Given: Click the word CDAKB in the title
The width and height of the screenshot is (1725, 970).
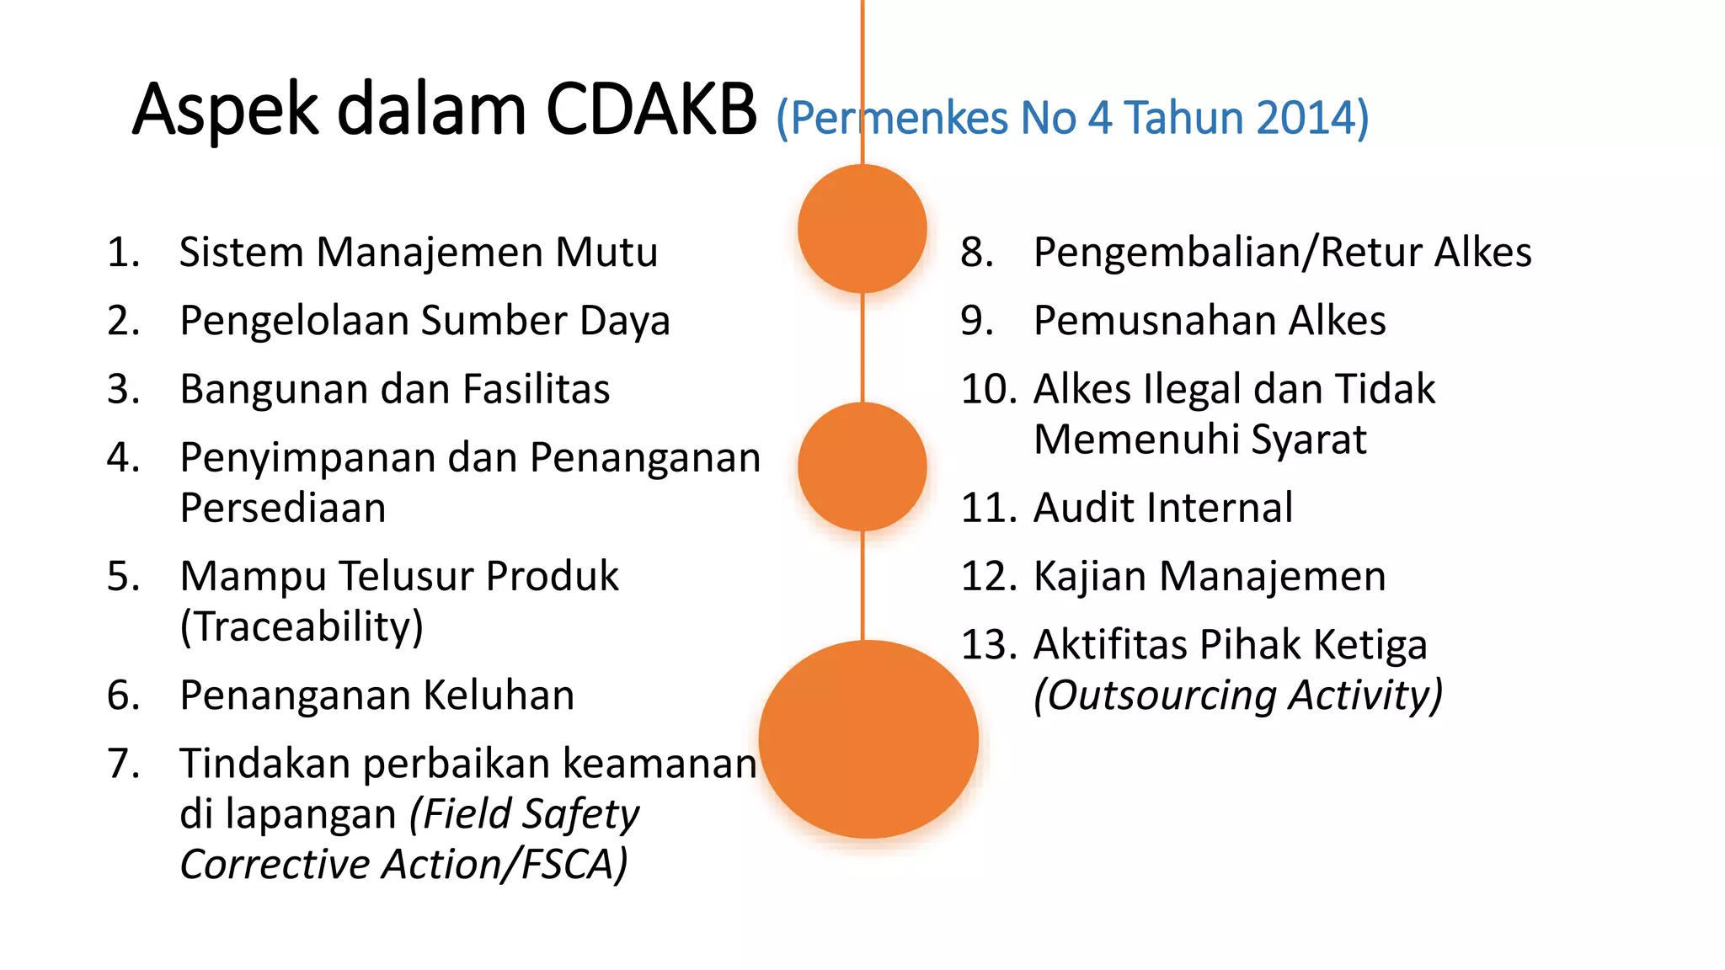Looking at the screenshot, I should click(651, 110).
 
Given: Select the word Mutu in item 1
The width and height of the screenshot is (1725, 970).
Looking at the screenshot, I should click(606, 253).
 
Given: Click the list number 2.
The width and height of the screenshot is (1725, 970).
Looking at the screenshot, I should click(123, 322).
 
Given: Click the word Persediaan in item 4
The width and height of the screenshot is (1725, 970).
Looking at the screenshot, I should click(283, 508).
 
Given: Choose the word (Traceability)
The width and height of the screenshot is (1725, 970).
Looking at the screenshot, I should click(302, 626).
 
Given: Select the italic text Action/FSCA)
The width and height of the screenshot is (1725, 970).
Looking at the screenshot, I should click(505, 865).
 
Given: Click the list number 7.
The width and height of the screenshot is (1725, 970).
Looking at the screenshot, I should click(123, 764).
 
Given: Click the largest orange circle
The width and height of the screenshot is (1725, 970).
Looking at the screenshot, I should click(868, 739).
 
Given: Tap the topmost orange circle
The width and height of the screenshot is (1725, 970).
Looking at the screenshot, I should click(862, 228).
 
